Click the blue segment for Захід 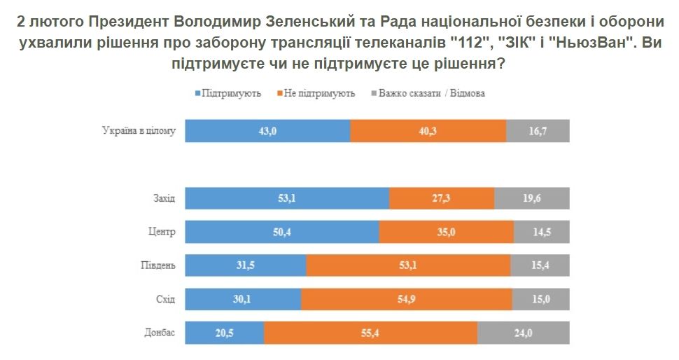click(287, 198)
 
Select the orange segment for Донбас click(370, 333)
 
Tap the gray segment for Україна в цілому click(538, 131)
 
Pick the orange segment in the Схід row click(406, 299)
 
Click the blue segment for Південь click(246, 265)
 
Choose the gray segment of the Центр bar click(541, 232)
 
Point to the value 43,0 click(267, 131)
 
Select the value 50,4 click(282, 232)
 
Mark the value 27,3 click(442, 198)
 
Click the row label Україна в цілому click(139, 131)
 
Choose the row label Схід click(165, 300)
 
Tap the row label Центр click(162, 233)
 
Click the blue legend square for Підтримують click(197, 93)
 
